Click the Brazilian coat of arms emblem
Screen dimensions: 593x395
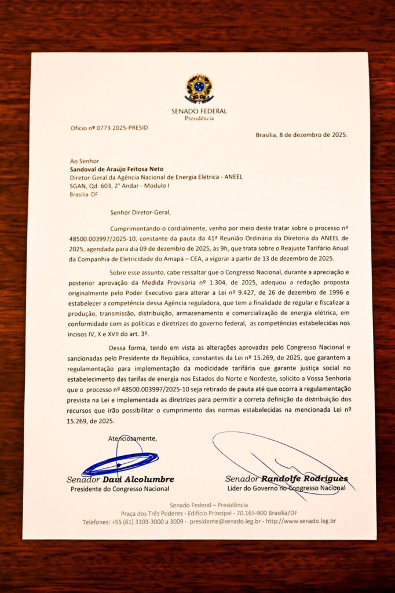[199, 88]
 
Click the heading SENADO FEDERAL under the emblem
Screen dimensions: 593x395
[199, 111]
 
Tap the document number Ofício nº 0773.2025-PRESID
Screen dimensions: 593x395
[109, 127]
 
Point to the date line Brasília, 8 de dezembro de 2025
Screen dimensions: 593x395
[301, 134]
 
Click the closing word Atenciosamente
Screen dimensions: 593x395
[132, 438]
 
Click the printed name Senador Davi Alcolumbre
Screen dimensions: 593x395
[120, 479]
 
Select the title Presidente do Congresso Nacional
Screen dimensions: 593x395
[120, 489]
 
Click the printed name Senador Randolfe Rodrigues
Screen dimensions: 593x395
[286, 479]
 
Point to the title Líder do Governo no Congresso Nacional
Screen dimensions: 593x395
[286, 488]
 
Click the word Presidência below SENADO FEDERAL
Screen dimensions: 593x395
[199, 119]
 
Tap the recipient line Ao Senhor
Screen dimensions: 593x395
[85, 161]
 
